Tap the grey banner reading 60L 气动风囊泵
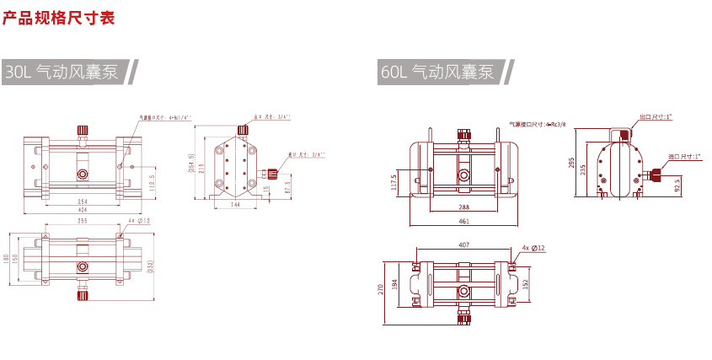click(x=437, y=73)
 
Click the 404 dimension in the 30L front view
click(x=83, y=210)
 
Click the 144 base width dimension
click(x=236, y=205)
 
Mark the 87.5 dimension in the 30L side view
click(x=288, y=187)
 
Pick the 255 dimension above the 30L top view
click(x=83, y=221)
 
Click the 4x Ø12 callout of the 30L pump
click(x=138, y=221)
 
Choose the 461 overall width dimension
click(x=463, y=221)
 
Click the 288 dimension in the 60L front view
click(x=463, y=207)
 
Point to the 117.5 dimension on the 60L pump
click(x=394, y=182)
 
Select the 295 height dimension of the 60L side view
click(x=571, y=163)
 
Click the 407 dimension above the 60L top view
click(x=464, y=245)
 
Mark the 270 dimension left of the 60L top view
click(x=382, y=287)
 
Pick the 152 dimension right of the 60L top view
click(x=527, y=282)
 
